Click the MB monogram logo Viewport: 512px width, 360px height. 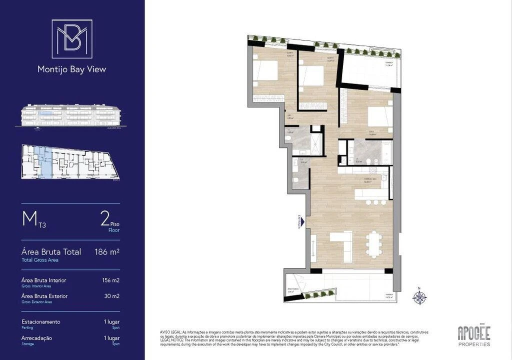click(x=72, y=38)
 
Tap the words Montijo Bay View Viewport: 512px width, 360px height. click(x=72, y=69)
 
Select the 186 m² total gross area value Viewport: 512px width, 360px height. click(x=107, y=252)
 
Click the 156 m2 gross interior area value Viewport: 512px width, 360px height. click(x=110, y=280)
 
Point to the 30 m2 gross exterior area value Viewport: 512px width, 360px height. click(x=112, y=296)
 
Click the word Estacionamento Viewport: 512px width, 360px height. click(x=41, y=321)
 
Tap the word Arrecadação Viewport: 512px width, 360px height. click(x=37, y=338)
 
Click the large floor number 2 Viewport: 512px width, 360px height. click(x=105, y=219)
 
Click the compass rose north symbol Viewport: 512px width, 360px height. click(x=419, y=297)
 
